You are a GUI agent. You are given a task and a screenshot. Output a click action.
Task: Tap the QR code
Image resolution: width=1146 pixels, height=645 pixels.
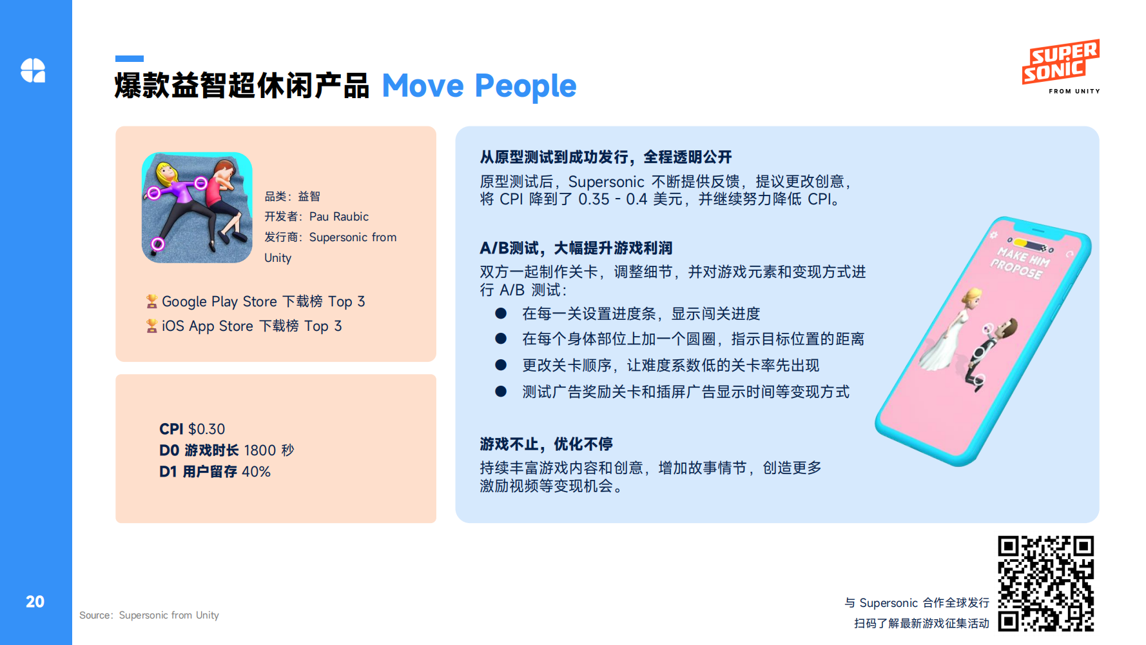(x=1046, y=584)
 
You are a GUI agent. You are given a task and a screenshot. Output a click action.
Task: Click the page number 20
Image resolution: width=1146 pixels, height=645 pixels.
(x=35, y=602)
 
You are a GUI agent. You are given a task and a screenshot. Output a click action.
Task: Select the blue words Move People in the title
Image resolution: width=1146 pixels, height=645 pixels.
(x=479, y=86)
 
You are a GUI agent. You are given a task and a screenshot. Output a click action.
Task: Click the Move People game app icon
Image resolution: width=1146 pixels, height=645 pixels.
(x=197, y=208)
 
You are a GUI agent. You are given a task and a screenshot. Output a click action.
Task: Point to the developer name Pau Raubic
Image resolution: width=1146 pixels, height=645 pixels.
(x=339, y=217)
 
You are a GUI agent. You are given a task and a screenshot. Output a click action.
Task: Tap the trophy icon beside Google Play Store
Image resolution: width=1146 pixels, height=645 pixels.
(x=151, y=301)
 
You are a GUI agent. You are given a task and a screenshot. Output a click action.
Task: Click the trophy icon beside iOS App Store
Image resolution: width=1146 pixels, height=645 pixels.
(x=151, y=326)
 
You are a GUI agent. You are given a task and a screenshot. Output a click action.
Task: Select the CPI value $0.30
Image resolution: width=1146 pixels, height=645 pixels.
(x=206, y=430)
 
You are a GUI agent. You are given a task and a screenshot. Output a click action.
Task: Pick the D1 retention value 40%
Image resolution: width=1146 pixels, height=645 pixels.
(x=256, y=471)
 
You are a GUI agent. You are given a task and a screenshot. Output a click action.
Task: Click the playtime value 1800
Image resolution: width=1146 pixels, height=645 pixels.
(x=260, y=450)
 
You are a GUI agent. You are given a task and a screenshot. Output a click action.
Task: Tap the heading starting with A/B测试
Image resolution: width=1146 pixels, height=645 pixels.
(x=576, y=248)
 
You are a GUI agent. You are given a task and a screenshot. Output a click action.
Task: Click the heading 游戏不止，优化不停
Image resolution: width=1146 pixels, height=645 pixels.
(x=546, y=444)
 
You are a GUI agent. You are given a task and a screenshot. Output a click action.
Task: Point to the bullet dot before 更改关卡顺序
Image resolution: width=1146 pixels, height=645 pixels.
(x=501, y=365)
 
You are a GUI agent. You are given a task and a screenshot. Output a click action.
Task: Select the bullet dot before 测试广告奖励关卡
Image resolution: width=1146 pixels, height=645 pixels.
(x=501, y=392)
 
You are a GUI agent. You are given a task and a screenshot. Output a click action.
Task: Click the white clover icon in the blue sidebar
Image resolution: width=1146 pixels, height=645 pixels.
(x=33, y=70)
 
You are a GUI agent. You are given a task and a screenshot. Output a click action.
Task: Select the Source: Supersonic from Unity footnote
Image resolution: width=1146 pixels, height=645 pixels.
(x=149, y=615)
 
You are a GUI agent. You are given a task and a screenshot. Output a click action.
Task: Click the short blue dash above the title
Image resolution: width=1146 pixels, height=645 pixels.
(x=130, y=59)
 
